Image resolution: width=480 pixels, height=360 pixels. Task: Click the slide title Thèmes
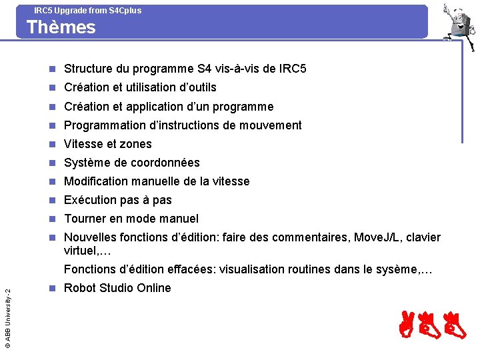[61, 27]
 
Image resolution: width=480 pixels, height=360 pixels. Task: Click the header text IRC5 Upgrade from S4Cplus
[87, 10]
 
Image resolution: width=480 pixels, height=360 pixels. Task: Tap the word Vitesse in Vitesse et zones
[83, 144]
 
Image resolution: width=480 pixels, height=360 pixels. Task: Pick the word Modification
[97, 181]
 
